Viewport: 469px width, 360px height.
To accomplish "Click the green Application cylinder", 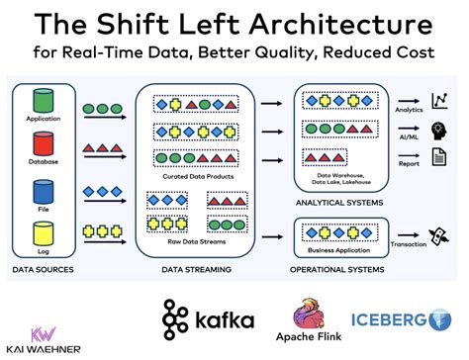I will tap(44, 102).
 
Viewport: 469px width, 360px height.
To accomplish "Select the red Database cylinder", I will tap(44, 145).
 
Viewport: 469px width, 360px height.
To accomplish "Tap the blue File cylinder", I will tap(44, 190).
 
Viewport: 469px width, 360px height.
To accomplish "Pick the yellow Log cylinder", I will tap(44, 234).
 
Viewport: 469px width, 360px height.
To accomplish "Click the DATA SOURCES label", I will tap(45, 269).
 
